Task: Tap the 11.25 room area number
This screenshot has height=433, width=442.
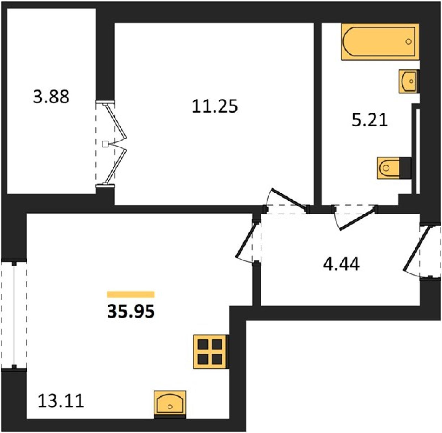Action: pos(215,106)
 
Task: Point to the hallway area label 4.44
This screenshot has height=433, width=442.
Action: pos(341,264)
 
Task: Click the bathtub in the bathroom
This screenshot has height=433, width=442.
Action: pos(380,42)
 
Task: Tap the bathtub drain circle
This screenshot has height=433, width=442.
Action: pos(408,42)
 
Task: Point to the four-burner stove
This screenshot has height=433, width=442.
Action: pos(211,352)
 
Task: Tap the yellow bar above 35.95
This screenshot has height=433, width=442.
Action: pos(131,294)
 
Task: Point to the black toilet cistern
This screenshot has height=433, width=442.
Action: pos(405,168)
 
